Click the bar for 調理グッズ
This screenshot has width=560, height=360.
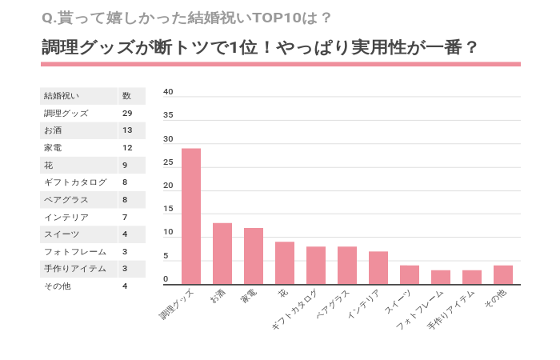pos(191,216)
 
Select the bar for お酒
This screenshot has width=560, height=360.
pos(222,254)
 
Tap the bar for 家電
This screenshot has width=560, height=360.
pos(254,256)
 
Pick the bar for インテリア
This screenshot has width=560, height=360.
pos(378,268)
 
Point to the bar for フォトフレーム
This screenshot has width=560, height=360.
pos(441,277)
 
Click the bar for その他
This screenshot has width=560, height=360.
pos(503,274)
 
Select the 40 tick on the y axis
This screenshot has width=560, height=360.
pos(168,92)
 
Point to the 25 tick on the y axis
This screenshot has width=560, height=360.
pos(168,162)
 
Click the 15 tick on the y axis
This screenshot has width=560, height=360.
pos(168,210)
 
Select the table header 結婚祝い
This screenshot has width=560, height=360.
pos(62,96)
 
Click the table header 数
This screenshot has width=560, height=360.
pos(126,96)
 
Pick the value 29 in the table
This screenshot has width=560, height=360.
pos(127,114)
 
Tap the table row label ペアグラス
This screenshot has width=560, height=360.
pos(66,200)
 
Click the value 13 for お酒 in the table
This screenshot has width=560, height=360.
pos(127,130)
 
